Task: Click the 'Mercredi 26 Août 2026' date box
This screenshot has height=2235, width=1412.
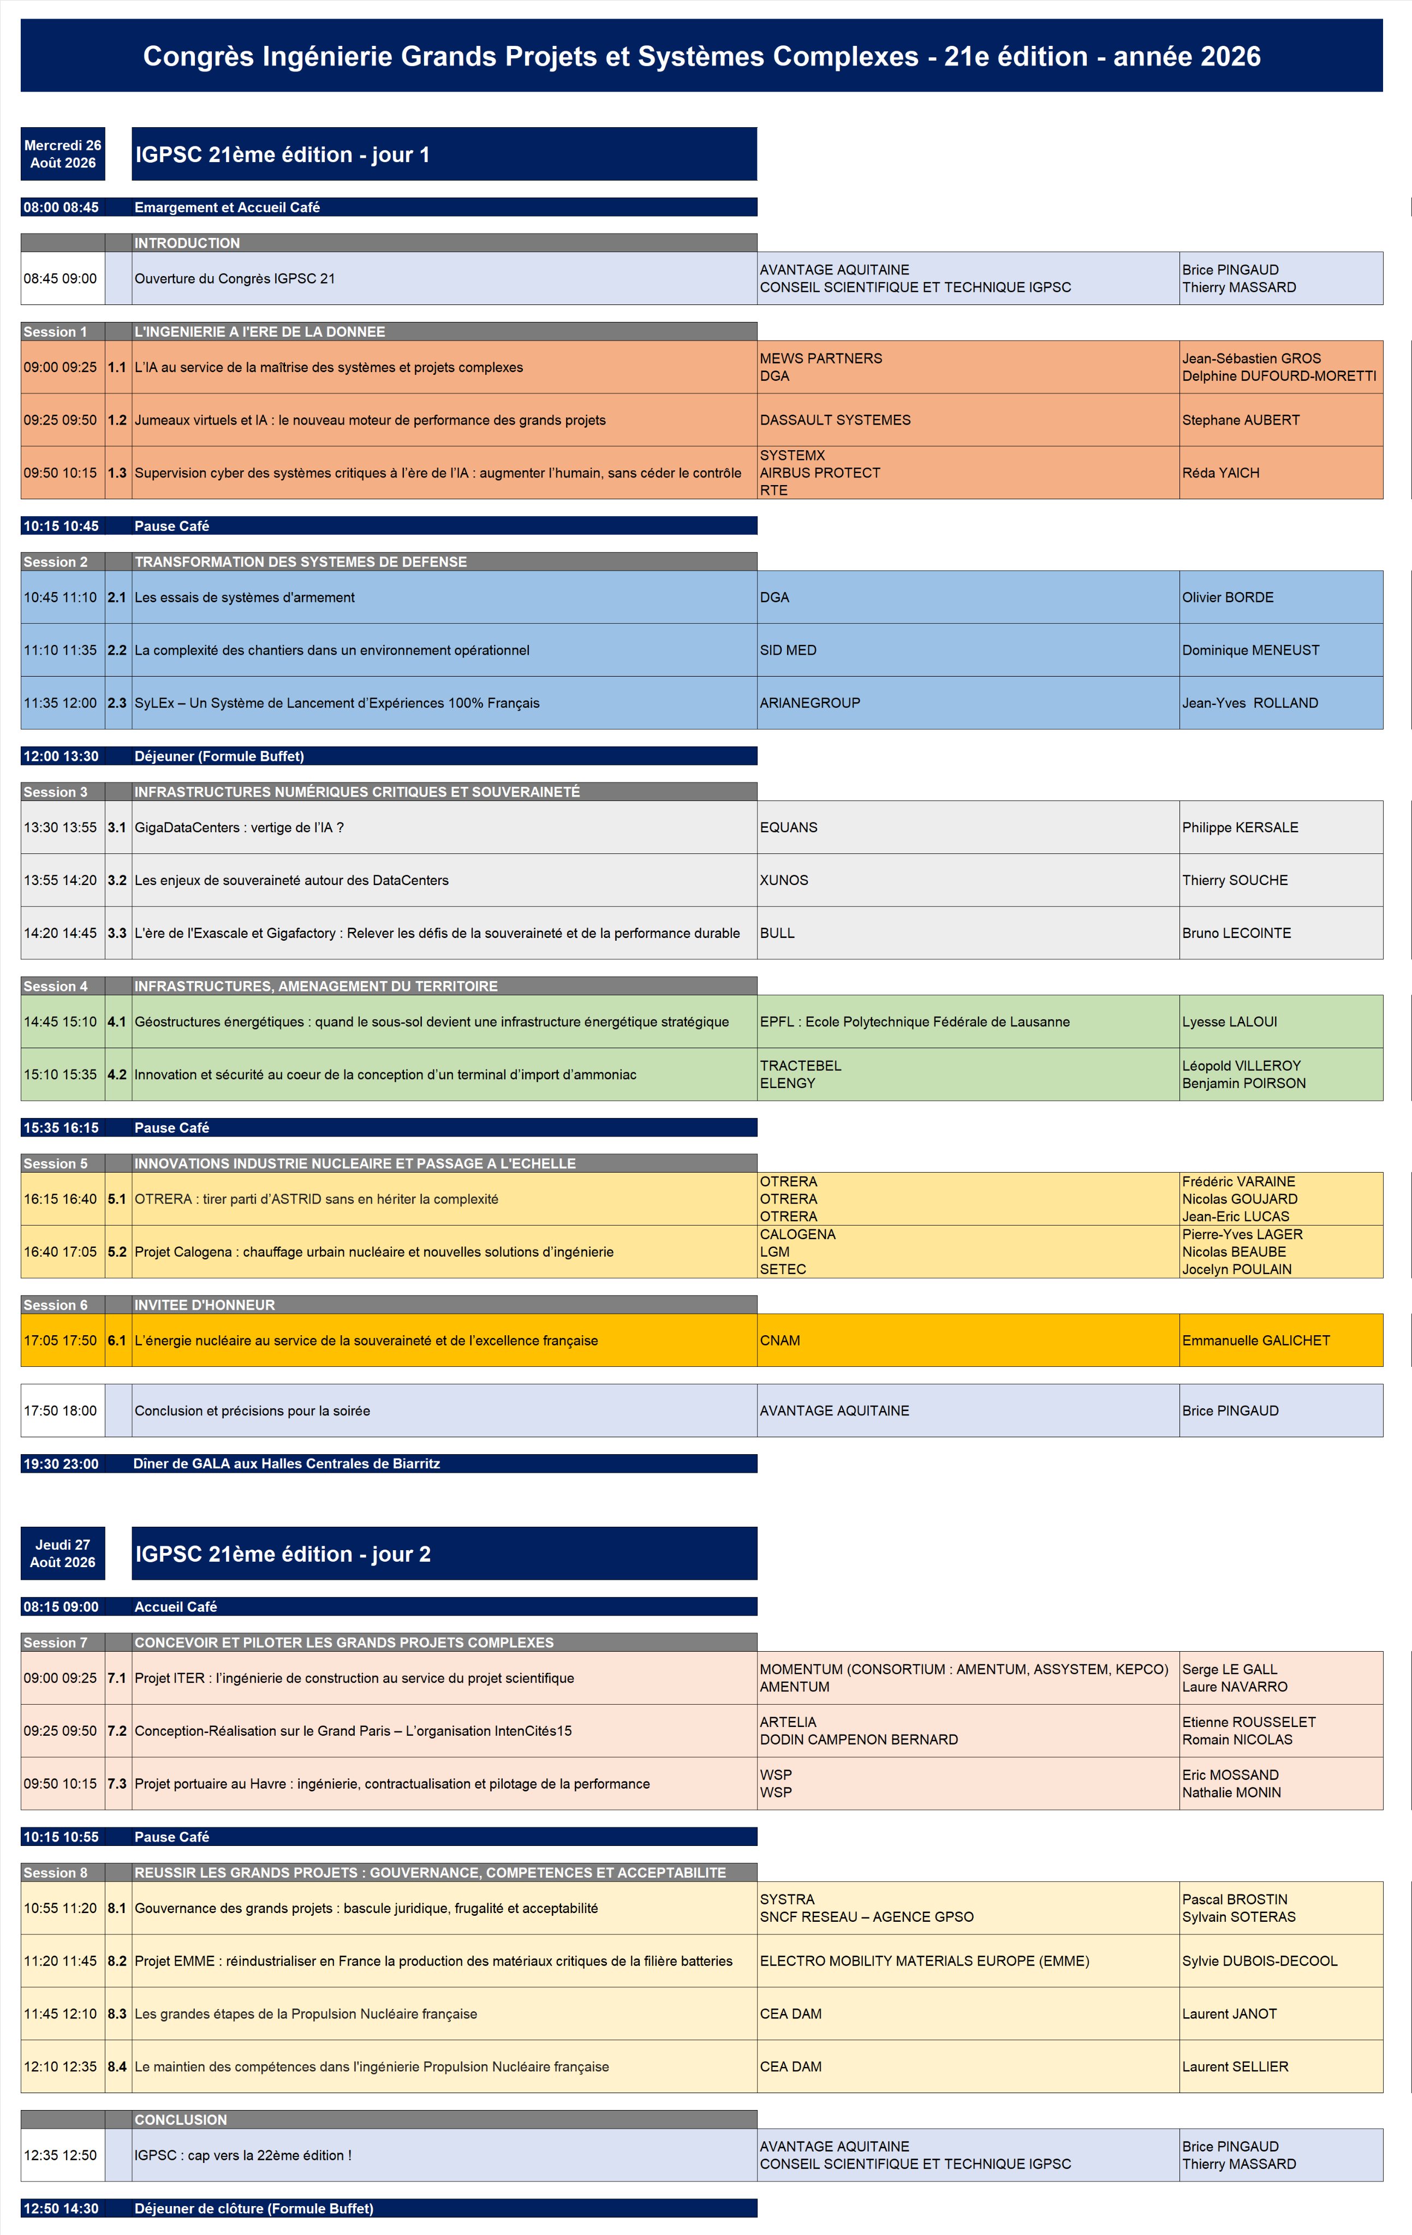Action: pos(62,154)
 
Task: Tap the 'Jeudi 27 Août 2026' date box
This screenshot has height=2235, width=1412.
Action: pos(62,1553)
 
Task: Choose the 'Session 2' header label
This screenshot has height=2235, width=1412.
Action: pos(56,561)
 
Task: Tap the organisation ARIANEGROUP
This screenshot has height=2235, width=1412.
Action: pos(809,703)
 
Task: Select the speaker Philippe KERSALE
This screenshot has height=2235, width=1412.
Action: pos(1240,827)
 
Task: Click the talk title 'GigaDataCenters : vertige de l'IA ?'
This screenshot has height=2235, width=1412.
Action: pos(239,827)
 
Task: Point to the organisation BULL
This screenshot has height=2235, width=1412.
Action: pos(777,933)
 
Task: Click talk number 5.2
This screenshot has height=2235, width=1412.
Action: pos(117,1251)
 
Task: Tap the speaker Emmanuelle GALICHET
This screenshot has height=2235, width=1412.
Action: pos(1255,1340)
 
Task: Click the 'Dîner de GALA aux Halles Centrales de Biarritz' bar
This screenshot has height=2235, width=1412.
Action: pos(286,1463)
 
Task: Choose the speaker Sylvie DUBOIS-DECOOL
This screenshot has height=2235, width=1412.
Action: pos(1259,1961)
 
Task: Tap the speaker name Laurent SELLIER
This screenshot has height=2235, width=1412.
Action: pos(1235,2066)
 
